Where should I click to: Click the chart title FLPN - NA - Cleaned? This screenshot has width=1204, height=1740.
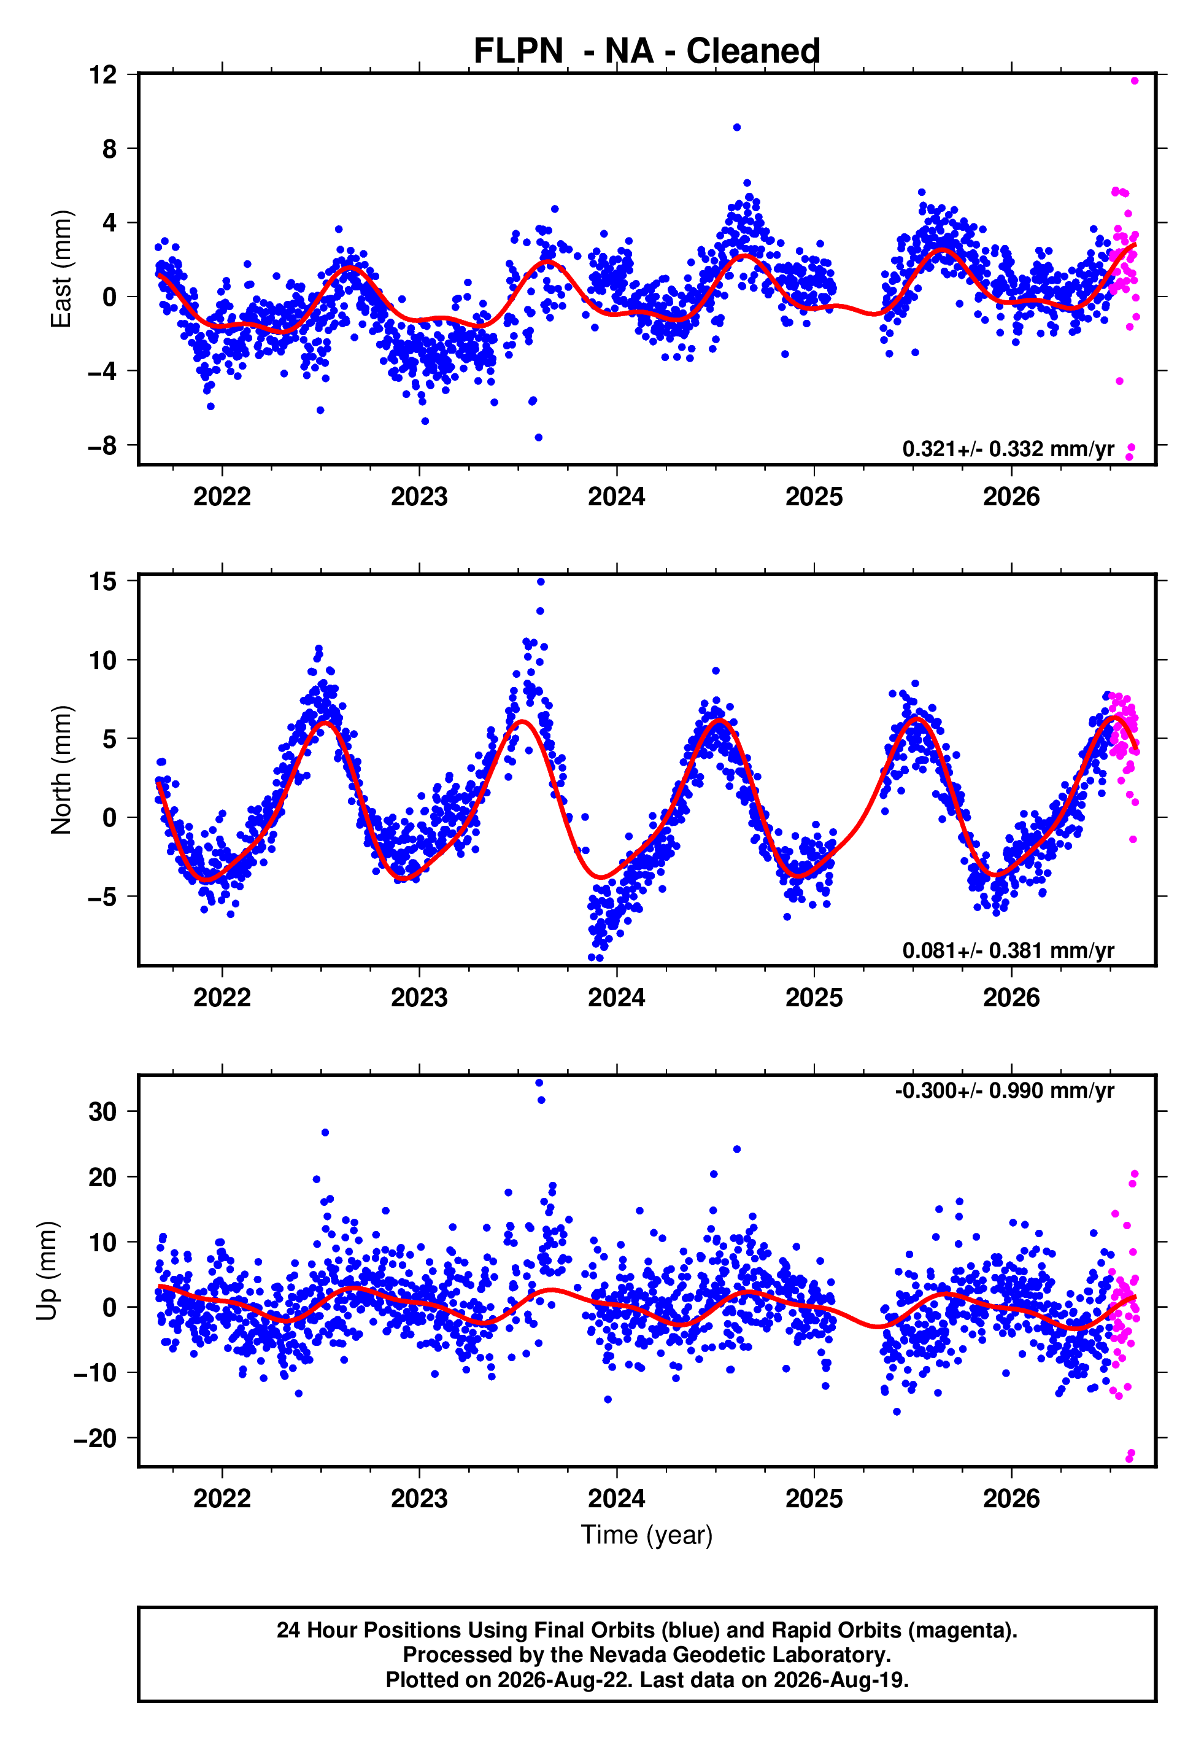pos(647,52)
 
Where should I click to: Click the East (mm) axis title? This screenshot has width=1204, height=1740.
pos(61,270)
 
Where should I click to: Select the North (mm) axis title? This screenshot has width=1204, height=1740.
pos(61,770)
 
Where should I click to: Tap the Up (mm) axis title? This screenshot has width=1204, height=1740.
pos(47,1271)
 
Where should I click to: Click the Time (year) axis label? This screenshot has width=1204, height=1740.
pos(647,1535)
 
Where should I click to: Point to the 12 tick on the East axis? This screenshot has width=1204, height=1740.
pos(102,75)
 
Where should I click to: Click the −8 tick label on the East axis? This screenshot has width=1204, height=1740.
pos(102,445)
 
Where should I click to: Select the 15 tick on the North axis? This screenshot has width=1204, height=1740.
pos(102,581)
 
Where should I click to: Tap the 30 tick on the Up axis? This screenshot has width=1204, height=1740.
pos(102,1111)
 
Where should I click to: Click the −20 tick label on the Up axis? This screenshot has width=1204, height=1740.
pos(95,1438)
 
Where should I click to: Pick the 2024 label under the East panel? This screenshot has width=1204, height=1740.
pos(616,497)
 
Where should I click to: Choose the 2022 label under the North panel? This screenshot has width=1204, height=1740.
pos(222,998)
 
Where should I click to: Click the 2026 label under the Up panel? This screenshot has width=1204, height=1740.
pos(1011,1498)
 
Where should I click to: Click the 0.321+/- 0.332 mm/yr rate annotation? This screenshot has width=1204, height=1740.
pos(1008,449)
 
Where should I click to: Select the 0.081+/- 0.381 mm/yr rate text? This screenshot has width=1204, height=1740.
pos(1008,950)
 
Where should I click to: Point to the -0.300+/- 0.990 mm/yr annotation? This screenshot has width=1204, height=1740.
pos(1004,1090)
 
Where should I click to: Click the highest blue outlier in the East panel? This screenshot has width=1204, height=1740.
pos(736,128)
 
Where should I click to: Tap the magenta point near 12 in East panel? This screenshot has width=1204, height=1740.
pos(1135,80)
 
